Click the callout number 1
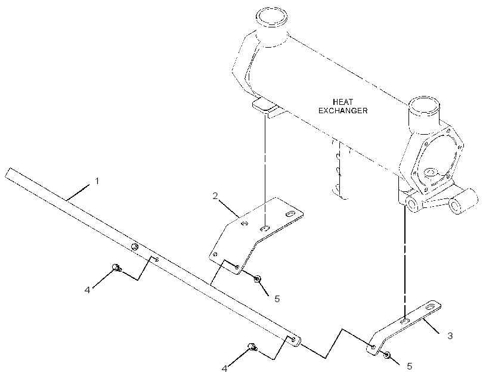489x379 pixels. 97,181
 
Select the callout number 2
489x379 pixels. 215,196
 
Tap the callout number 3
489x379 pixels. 450,336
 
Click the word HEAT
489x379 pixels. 343,102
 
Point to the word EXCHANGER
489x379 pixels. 343,111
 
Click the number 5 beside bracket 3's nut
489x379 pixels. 410,366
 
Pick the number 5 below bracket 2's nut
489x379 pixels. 277,299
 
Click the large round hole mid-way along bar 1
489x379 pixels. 134,247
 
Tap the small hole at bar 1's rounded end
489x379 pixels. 293,340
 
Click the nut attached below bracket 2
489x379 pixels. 257,279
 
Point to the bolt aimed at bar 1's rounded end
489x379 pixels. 252,346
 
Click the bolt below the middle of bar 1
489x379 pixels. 116,267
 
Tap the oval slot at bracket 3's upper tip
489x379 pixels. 432,307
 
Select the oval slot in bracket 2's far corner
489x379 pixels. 290,215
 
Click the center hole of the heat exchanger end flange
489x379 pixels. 431,172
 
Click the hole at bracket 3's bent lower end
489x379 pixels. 373,347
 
